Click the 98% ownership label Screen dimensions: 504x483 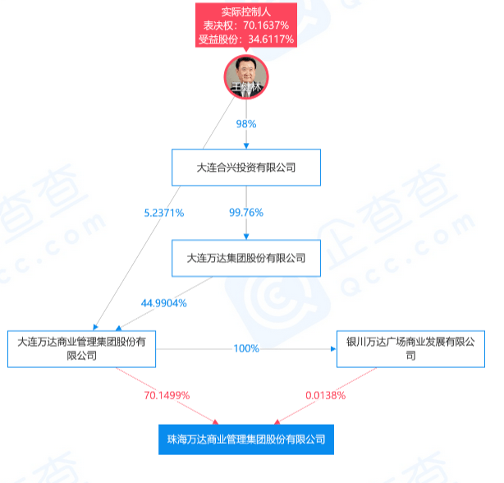[x=246, y=124]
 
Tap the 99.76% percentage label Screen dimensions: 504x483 [x=246, y=212]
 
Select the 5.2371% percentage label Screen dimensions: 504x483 [x=164, y=213]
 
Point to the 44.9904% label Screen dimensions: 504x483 [x=164, y=303]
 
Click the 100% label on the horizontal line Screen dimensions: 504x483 [x=246, y=348]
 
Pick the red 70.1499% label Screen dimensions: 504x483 [x=167, y=395]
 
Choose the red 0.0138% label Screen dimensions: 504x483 [x=326, y=395]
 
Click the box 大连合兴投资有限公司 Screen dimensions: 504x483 [x=246, y=168]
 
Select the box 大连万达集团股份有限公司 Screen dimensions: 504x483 [x=246, y=258]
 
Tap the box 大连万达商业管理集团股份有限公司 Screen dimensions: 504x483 [x=81, y=349]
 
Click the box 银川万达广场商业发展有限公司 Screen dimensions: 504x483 [x=410, y=349]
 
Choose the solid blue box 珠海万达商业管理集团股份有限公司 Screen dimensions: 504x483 [x=246, y=439]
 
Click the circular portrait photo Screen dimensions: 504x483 [x=246, y=77]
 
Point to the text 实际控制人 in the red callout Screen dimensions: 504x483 [x=246, y=11]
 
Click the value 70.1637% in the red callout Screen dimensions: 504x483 [x=266, y=25]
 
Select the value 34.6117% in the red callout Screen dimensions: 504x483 [x=271, y=39]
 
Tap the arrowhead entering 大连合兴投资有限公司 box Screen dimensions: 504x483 [x=246, y=146]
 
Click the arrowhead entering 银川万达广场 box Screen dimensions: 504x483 [x=333, y=349]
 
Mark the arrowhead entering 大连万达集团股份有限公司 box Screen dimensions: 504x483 [x=246, y=237]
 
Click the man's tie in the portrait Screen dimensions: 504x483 [x=246, y=93]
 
